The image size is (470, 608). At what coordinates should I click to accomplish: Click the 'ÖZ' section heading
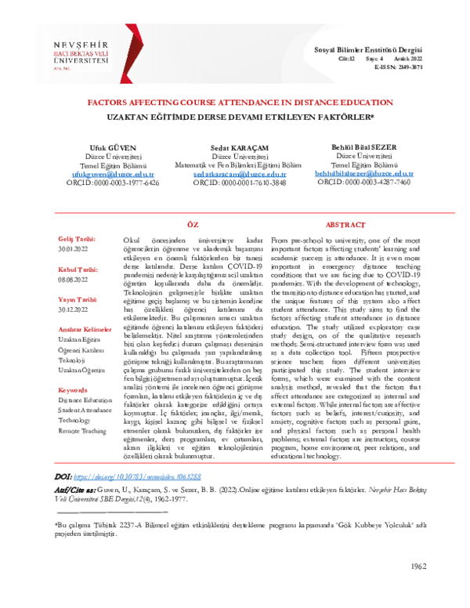click(x=193, y=224)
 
